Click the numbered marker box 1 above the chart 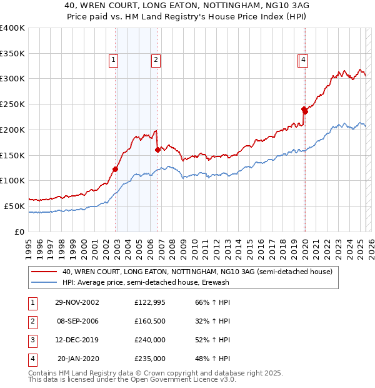click(113, 60)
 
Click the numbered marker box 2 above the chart click(155, 60)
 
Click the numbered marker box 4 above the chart click(302, 60)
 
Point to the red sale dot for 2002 click(116, 168)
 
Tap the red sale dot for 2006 click(157, 150)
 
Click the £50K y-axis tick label click(15, 206)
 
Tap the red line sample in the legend click(44, 272)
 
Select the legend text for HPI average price click(146, 283)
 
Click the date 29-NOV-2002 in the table click(77, 302)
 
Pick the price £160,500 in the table click(150, 322)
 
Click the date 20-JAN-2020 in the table click(77, 359)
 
